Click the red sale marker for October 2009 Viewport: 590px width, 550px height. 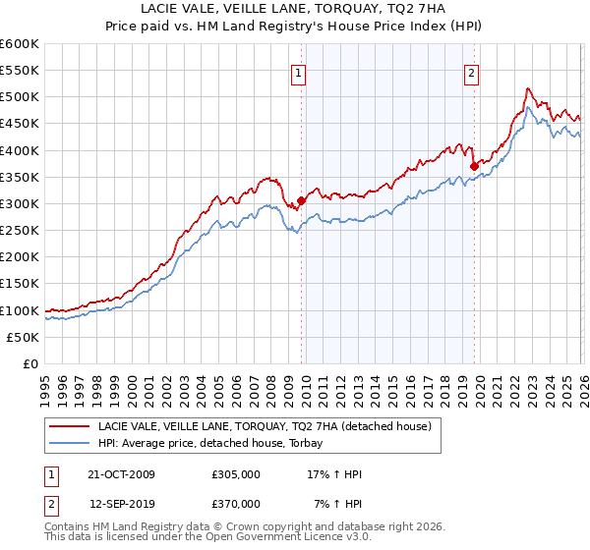[301, 200]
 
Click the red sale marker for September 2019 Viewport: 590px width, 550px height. [474, 166]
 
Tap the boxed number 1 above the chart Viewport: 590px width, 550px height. [298, 72]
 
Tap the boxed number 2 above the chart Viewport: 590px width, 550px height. [471, 72]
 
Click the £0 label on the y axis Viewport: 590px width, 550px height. [32, 363]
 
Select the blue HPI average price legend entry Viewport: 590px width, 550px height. [216, 444]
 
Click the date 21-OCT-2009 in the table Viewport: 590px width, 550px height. [122, 474]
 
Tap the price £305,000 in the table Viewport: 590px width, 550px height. [236, 474]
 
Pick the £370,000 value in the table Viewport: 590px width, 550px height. [236, 503]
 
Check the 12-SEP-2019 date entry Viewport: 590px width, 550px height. [122, 503]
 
